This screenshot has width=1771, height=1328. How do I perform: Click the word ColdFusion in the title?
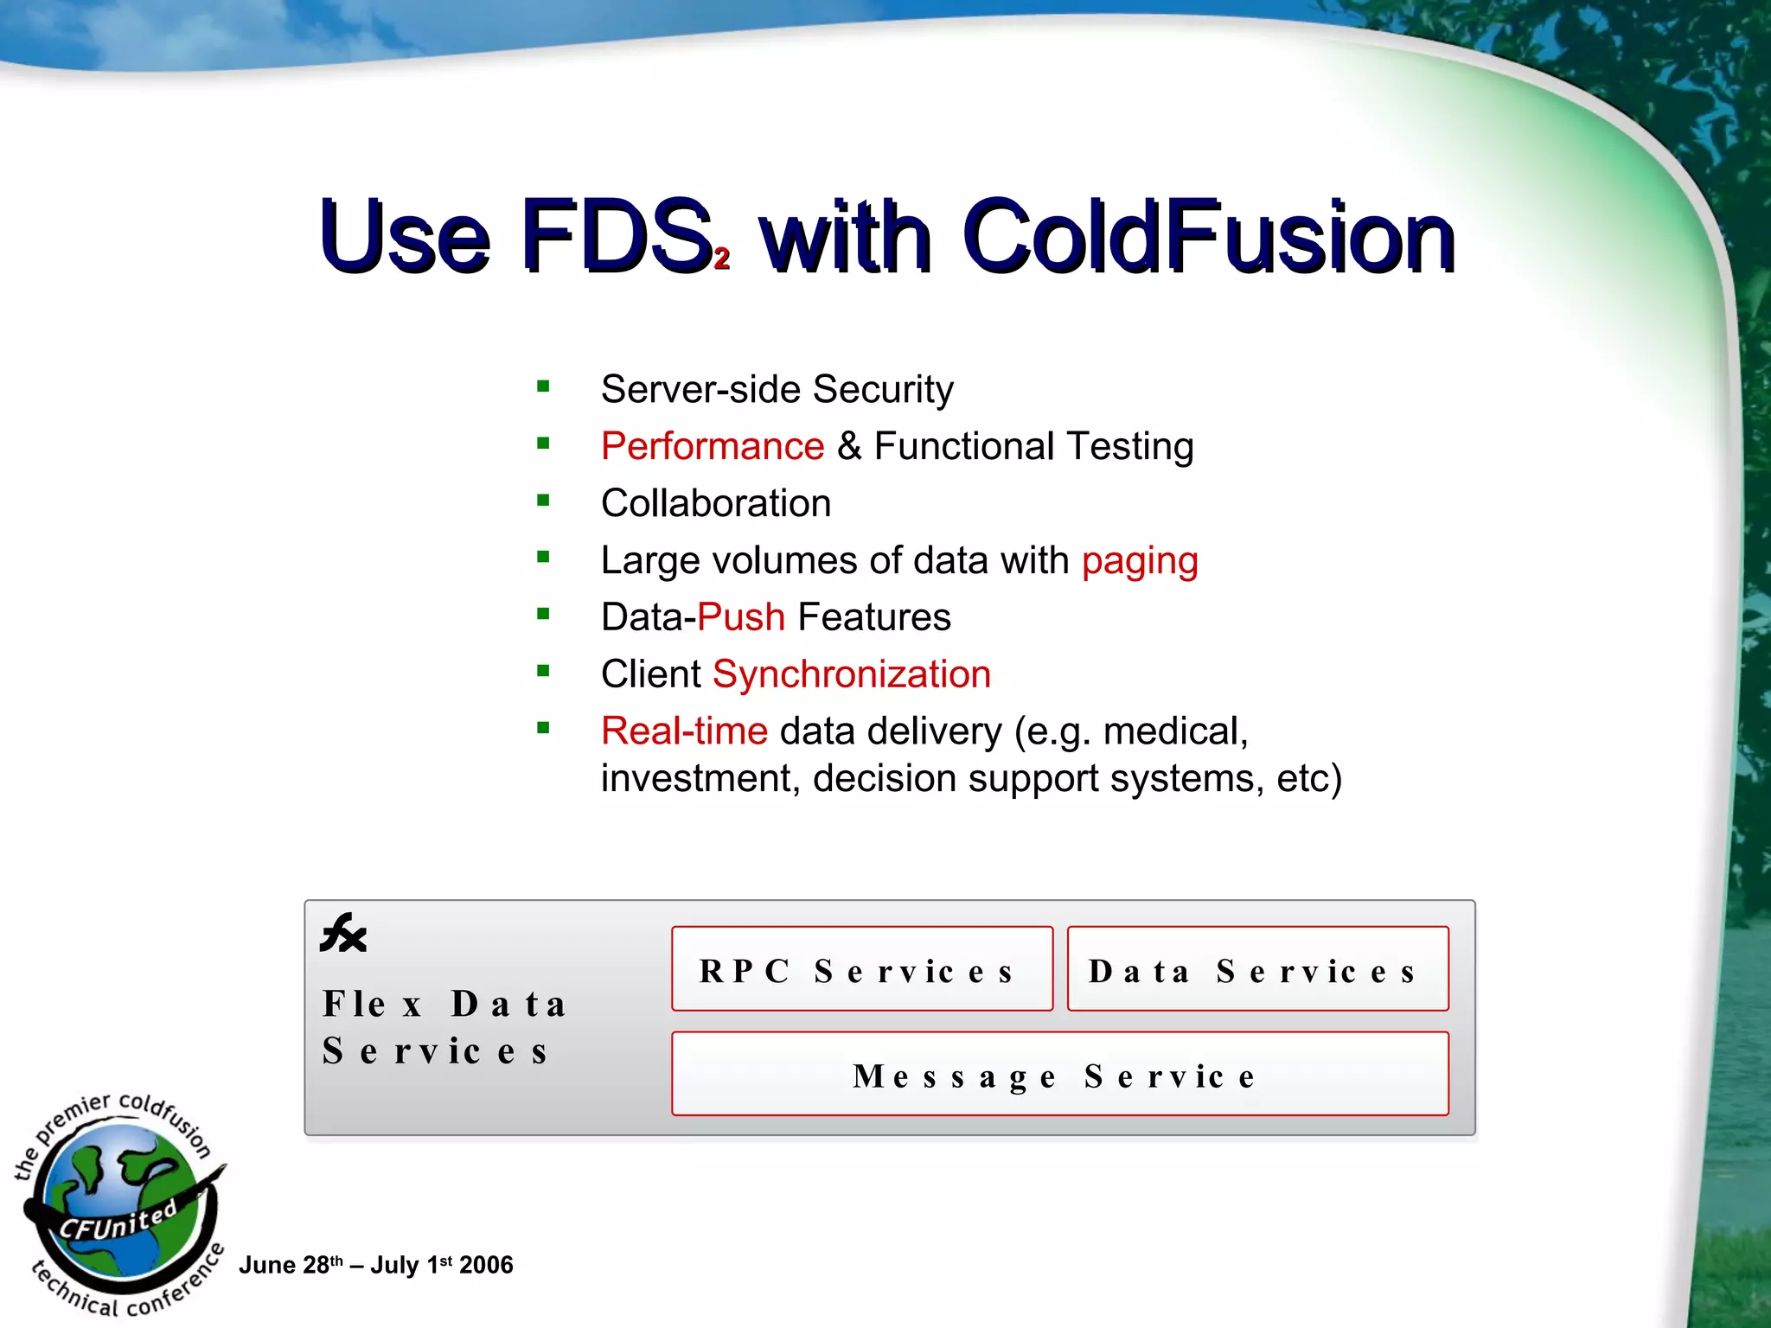pos(1209,235)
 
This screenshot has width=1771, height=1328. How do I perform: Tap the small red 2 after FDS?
pos(722,258)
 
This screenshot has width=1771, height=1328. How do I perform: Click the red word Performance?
pos(713,447)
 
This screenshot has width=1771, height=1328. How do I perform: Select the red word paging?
pos(1140,562)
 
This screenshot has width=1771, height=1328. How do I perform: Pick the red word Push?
pos(741,617)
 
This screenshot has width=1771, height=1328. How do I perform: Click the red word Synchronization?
pos(852,674)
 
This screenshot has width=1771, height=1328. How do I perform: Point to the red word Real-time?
pos(684,731)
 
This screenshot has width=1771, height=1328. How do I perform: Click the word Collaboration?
pos(716,504)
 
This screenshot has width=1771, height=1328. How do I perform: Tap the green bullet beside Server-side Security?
pos(543,386)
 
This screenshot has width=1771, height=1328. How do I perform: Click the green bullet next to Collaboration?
pos(543,501)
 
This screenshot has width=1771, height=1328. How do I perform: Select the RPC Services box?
pos(862,969)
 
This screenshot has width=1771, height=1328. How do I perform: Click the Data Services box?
pos(1257,969)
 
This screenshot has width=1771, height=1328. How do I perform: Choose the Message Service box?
pos(1059,1074)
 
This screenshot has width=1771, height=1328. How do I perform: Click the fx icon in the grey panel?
pos(343,934)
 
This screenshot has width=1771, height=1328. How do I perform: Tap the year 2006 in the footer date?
pos(486,1266)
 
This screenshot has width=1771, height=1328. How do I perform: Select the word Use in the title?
pos(404,235)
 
